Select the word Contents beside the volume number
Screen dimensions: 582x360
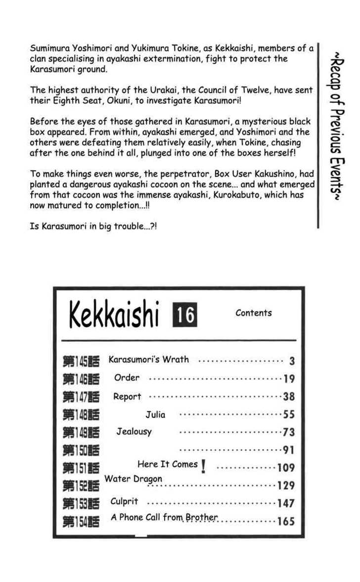click(x=253, y=313)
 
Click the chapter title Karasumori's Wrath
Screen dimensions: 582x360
click(x=148, y=359)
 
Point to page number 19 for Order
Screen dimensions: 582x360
click(x=289, y=379)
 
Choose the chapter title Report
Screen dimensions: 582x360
click(x=127, y=397)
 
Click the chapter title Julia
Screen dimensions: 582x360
click(x=155, y=414)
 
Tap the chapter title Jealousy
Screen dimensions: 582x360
click(x=134, y=432)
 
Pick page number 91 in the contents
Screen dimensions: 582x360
click(x=288, y=450)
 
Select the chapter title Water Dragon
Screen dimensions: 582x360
click(x=133, y=479)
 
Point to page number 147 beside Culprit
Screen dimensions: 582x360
click(x=286, y=503)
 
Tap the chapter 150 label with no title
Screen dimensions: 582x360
click(x=81, y=450)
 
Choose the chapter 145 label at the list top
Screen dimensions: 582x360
click(x=81, y=361)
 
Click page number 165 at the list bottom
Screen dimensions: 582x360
click(x=286, y=521)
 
